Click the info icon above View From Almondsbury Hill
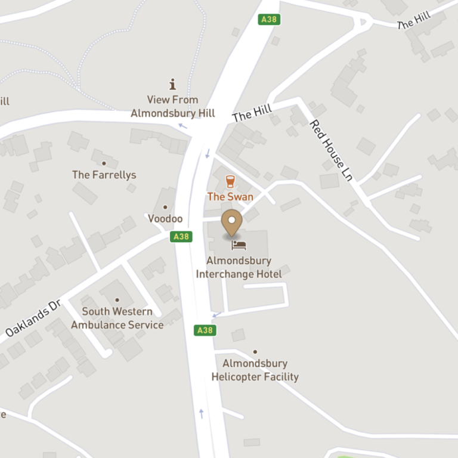[x=173, y=85]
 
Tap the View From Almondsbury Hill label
[x=173, y=106]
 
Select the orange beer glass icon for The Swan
[x=230, y=181]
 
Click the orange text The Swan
[x=230, y=196]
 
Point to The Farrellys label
[x=104, y=175]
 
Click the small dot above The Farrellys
[x=104, y=163]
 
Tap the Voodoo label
[x=165, y=219]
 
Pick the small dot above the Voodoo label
[x=165, y=208]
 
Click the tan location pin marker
[x=232, y=222]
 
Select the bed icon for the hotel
[x=239, y=245]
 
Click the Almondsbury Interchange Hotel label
[x=239, y=267]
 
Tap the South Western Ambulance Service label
[x=117, y=318]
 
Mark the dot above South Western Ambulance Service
[x=117, y=300]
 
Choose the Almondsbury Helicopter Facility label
[x=255, y=370]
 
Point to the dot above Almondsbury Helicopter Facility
[x=255, y=352]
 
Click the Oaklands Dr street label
[x=33, y=317]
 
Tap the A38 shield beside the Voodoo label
[x=181, y=237]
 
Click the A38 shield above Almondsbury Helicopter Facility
[x=205, y=330]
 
